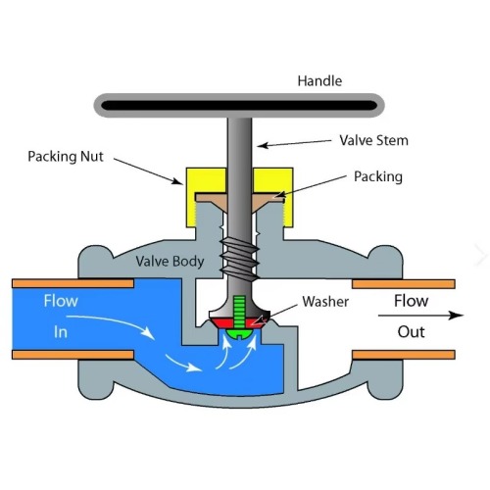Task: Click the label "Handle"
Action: click(320, 81)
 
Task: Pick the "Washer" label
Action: click(325, 301)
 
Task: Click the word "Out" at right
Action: click(411, 331)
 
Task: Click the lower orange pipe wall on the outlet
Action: click(403, 352)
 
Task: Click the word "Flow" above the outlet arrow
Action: click(411, 301)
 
